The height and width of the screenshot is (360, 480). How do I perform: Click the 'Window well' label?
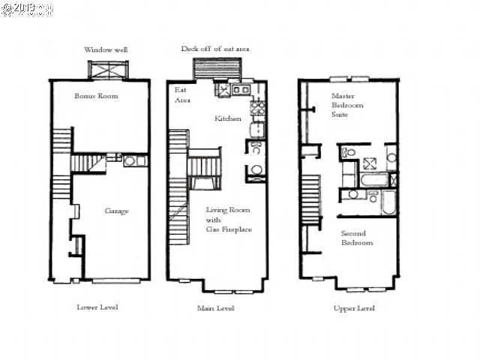click(x=106, y=49)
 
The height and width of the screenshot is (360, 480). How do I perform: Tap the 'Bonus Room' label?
click(x=97, y=96)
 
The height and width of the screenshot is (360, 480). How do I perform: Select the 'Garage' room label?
click(x=115, y=211)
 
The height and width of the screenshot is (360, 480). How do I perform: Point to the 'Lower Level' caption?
click(x=97, y=307)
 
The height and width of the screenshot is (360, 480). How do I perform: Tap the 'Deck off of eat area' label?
click(x=215, y=49)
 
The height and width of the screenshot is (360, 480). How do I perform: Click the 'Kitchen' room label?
click(x=228, y=118)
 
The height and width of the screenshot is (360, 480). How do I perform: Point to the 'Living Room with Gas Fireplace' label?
click(x=228, y=219)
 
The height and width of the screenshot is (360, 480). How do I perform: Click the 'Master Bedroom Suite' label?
click(x=347, y=106)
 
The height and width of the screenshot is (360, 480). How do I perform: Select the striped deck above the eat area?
click(x=215, y=68)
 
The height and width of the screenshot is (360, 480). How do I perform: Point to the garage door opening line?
click(x=115, y=280)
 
